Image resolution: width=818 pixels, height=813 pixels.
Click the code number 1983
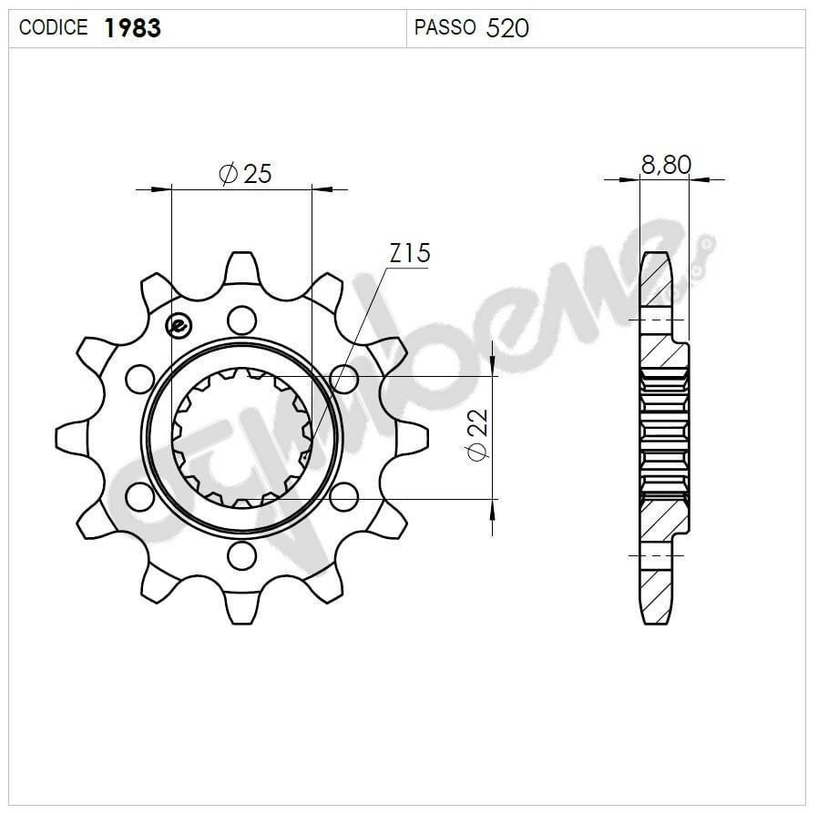point(133,28)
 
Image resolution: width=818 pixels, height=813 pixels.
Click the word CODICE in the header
point(54,28)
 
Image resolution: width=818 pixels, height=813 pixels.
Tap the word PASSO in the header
point(445,28)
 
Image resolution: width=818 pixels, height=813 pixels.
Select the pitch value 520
point(507,28)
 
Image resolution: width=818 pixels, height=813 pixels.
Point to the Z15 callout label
point(409,253)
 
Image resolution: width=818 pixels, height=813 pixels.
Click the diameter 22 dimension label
point(477,434)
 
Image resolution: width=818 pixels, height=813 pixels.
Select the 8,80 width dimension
point(666,165)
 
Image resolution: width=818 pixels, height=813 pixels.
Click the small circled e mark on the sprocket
point(179,325)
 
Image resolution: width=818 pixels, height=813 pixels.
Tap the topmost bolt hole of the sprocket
point(241,320)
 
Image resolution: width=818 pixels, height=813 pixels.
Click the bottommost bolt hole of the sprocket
point(241,554)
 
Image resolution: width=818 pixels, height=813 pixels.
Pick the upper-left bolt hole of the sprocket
point(139,378)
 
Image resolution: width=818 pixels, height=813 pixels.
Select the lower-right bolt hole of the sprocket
point(343,496)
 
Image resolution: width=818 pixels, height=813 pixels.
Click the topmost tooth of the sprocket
point(241,267)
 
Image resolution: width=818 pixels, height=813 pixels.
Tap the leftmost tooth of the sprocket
point(71,437)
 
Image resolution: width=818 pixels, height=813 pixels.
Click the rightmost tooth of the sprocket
point(412,437)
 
